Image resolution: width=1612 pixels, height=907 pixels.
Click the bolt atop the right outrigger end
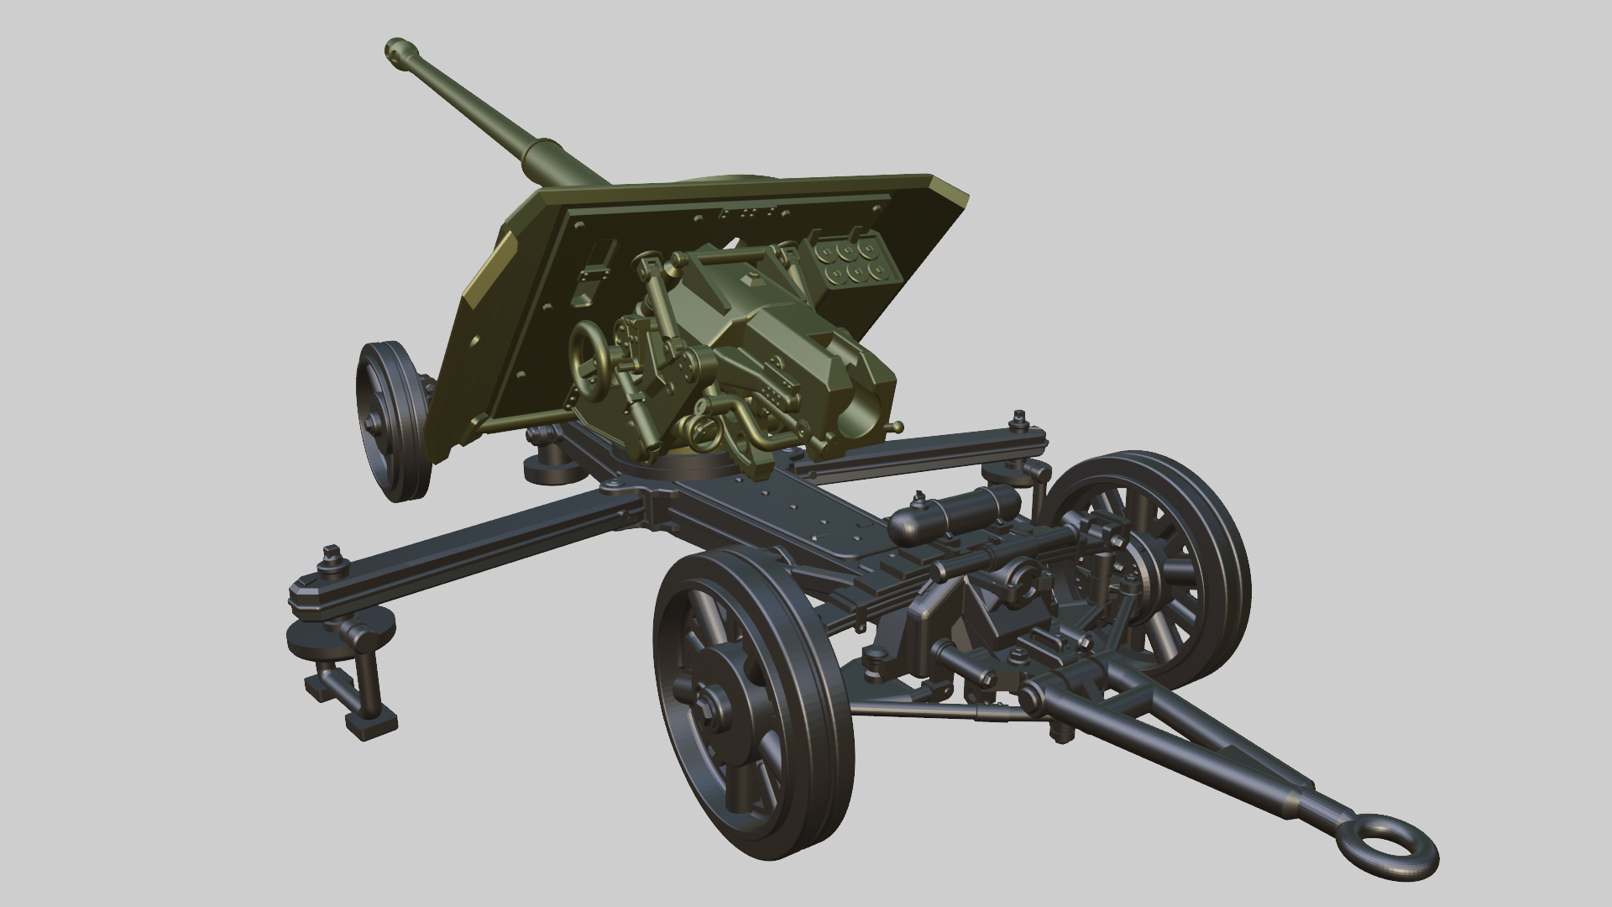(1020, 417)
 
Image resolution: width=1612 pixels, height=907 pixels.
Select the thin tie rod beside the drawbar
(932, 710)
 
